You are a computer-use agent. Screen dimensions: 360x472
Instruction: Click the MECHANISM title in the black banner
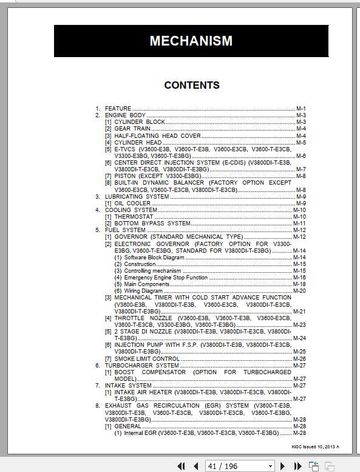pos(191,41)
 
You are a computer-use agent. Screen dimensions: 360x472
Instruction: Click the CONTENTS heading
pos(191,85)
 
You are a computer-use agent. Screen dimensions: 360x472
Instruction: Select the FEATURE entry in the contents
pos(118,108)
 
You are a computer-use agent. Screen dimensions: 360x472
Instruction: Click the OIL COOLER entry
pos(132,203)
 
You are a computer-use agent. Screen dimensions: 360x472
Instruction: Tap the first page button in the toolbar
pos(181,466)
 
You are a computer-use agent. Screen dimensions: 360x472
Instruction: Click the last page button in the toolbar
pos(298,466)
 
